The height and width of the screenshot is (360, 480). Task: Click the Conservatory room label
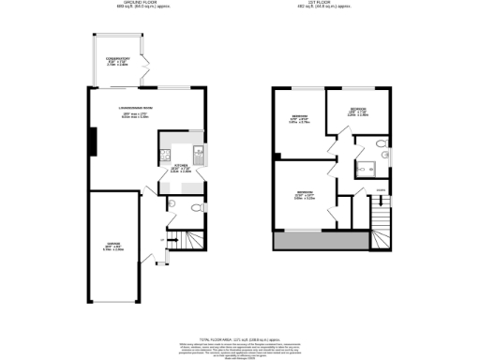(x=116, y=64)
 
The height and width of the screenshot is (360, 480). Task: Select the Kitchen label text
(x=182, y=170)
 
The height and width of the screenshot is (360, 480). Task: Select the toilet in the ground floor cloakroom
(x=195, y=208)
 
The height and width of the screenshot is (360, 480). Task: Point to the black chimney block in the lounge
(x=92, y=141)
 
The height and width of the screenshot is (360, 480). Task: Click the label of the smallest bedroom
(x=358, y=112)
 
